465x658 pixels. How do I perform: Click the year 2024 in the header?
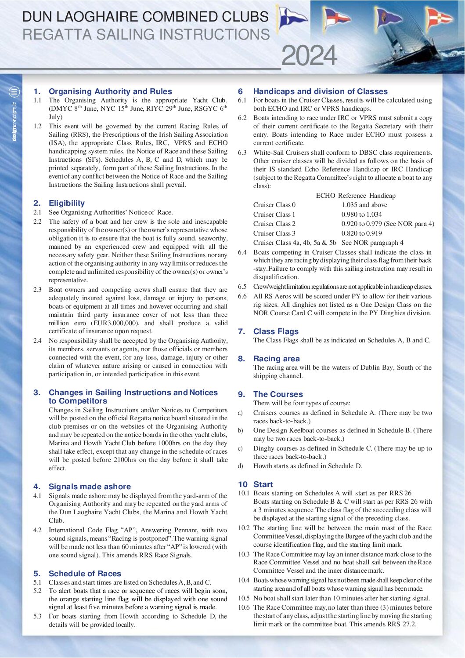(x=309, y=56)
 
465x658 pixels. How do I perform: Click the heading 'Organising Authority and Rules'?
(x=110, y=91)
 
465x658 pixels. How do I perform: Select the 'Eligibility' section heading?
(x=67, y=203)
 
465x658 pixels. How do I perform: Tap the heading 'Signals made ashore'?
(x=90, y=487)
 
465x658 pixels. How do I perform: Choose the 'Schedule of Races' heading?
(x=85, y=574)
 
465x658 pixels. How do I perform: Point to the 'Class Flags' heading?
(x=276, y=331)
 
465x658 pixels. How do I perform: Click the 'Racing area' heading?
(x=276, y=359)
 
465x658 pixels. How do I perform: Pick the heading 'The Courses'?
(x=278, y=394)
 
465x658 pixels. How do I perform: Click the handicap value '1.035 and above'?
(x=364, y=205)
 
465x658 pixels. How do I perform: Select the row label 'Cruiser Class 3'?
(x=274, y=233)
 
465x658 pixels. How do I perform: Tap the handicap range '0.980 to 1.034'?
(x=362, y=214)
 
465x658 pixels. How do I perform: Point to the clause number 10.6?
(x=244, y=607)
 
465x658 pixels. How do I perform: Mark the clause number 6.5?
(x=242, y=287)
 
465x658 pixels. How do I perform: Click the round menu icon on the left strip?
(x=14, y=92)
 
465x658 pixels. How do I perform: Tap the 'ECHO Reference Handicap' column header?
(x=356, y=196)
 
